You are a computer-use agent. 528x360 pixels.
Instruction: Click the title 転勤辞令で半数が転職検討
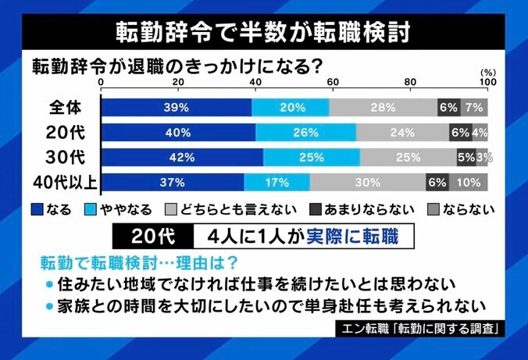click(263, 29)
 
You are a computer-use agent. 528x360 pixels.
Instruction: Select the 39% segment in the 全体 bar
click(177, 108)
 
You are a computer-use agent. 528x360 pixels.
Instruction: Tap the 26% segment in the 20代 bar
click(305, 133)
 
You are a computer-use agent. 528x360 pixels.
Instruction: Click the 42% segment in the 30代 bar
click(182, 158)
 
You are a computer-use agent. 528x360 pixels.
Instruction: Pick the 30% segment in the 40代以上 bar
click(367, 183)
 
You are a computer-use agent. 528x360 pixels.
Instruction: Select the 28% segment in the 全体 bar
click(383, 108)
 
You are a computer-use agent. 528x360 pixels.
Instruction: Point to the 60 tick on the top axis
click(332, 83)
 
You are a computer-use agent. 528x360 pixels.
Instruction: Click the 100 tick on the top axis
click(486, 83)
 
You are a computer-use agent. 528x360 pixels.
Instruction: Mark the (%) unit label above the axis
click(485, 72)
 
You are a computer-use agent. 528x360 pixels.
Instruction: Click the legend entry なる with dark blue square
click(52, 209)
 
